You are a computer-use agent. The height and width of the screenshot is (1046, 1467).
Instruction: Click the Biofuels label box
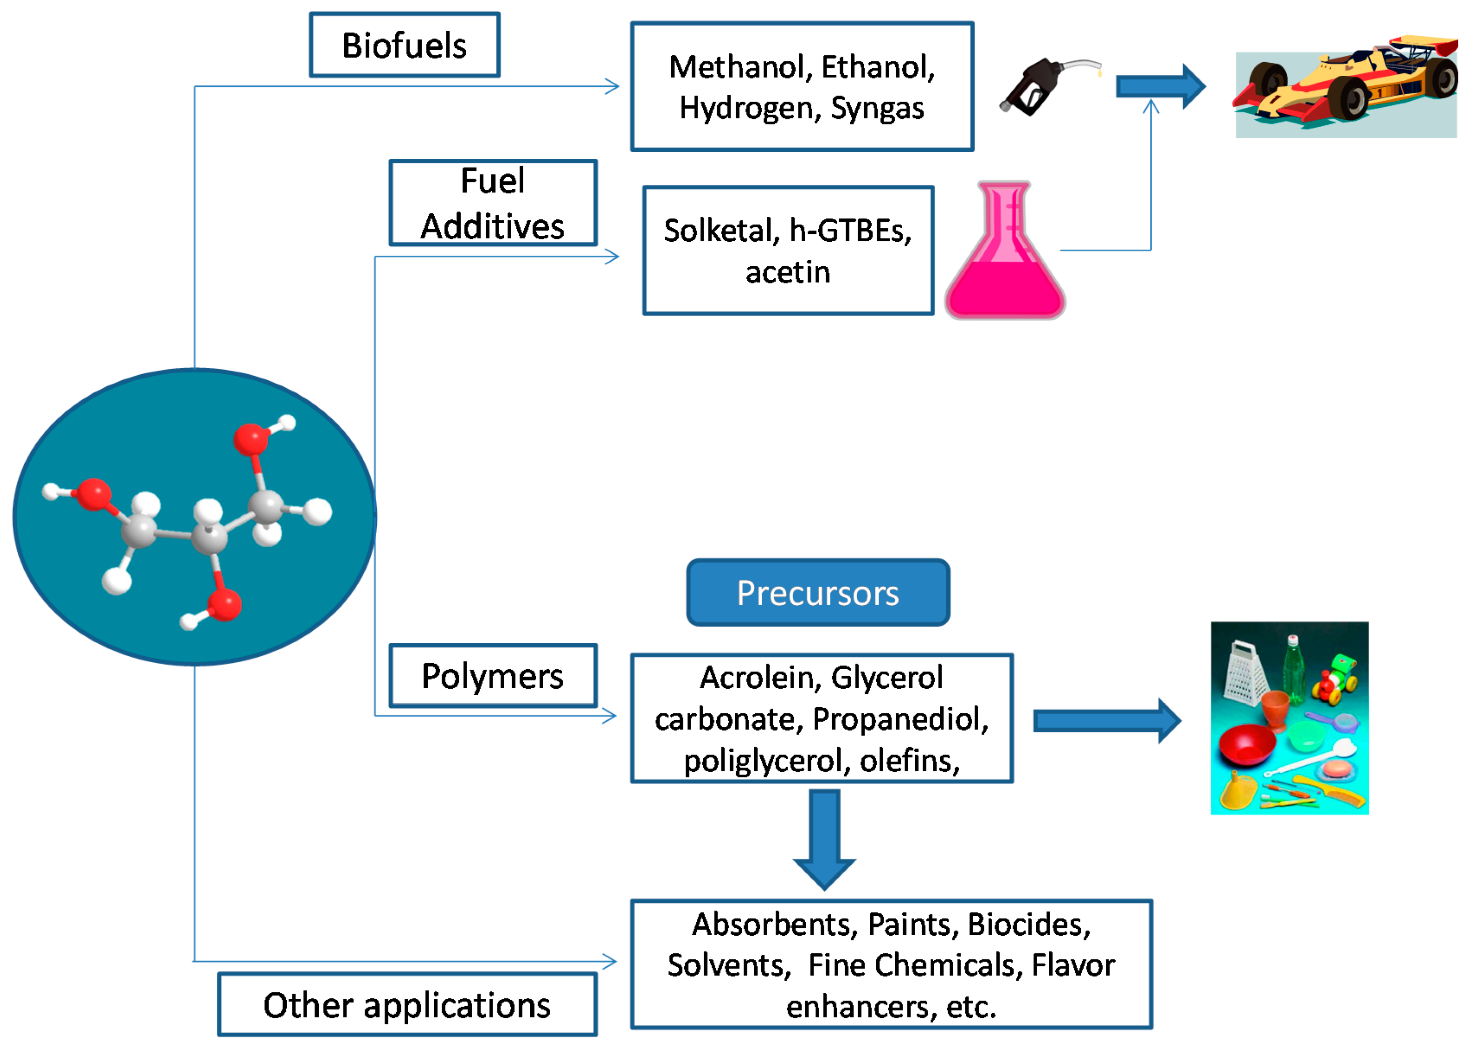coord(404,45)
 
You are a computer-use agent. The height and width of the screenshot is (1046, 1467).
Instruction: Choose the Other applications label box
coord(407,1005)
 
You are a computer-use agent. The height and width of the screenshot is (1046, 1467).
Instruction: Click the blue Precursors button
coord(817,593)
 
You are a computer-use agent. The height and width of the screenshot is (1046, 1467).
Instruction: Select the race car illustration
coord(1346,87)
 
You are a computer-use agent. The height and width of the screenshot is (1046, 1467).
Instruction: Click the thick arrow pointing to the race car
coord(1159,87)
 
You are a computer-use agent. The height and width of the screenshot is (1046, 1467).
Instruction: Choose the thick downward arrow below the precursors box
coord(824,837)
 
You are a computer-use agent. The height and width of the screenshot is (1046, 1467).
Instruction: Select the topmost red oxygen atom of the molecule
coord(250,440)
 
